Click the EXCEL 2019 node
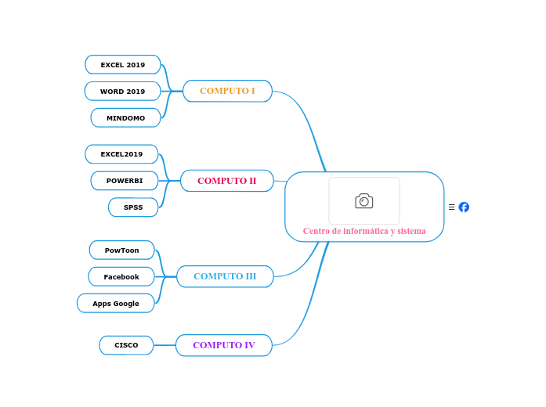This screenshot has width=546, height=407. (122, 65)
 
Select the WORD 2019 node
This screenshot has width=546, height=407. (122, 92)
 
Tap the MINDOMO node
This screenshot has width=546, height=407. (125, 118)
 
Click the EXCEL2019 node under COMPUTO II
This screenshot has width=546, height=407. (121, 154)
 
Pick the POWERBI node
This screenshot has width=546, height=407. (125, 181)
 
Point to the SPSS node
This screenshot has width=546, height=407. (133, 207)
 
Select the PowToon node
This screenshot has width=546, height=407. (121, 250)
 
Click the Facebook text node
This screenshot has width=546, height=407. (121, 277)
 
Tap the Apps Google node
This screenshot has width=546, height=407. (116, 304)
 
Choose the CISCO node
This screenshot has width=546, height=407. (126, 345)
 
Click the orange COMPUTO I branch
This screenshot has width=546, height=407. (227, 91)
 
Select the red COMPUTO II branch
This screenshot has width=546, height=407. (226, 181)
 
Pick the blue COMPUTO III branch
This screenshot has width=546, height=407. (225, 276)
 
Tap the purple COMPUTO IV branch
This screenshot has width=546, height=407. (223, 345)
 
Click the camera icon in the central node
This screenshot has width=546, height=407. (364, 201)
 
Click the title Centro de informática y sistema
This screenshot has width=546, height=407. (364, 231)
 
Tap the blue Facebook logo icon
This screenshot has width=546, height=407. (464, 207)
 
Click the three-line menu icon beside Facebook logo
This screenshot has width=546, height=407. (451, 207)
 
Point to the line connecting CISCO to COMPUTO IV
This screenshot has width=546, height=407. (165, 345)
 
